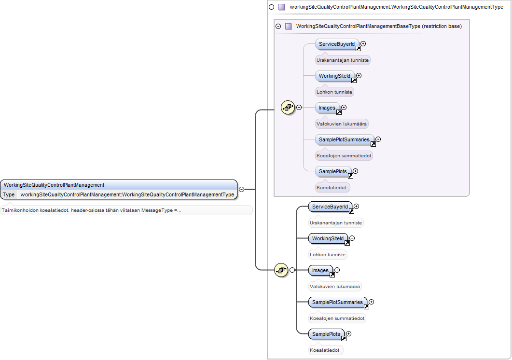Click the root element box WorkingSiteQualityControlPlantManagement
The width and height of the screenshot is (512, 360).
(x=119, y=190)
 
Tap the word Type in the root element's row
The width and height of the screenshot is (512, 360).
(x=9, y=194)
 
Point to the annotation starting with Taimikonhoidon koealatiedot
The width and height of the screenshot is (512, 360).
(x=91, y=210)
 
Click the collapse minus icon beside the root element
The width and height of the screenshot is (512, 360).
(x=242, y=190)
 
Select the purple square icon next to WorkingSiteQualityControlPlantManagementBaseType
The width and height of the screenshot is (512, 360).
(x=288, y=26)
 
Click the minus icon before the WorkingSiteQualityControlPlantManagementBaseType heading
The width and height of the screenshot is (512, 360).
(x=278, y=26)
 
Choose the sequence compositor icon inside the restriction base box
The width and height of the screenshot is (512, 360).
(x=288, y=107)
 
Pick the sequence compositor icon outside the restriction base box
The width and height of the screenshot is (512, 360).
(x=281, y=270)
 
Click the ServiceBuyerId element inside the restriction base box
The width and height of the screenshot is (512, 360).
(x=337, y=44)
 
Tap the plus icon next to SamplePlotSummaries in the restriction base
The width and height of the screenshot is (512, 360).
(x=378, y=139)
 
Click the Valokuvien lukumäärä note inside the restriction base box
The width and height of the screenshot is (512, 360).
(x=342, y=124)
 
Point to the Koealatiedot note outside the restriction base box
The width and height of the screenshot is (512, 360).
(x=325, y=350)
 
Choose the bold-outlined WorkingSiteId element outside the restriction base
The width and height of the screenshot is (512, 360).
(x=328, y=239)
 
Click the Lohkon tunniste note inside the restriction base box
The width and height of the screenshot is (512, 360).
(x=334, y=92)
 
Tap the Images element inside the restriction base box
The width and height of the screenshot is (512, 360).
(x=328, y=108)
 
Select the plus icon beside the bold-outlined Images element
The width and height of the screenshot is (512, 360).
(x=337, y=270)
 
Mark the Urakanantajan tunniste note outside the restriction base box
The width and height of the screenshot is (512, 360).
(x=336, y=223)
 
